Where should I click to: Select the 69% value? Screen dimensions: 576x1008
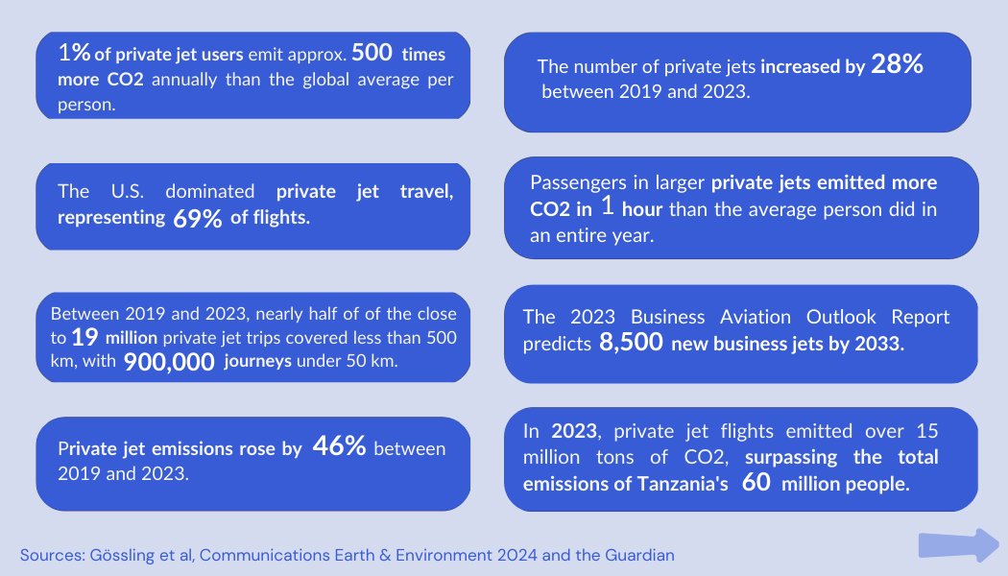coord(199,219)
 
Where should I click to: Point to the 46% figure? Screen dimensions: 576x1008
coord(339,447)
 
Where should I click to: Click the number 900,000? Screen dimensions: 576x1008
coord(169,362)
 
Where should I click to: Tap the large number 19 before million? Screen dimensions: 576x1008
coord(84,338)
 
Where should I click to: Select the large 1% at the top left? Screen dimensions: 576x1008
coord(74,52)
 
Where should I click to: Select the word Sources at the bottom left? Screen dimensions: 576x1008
coord(49,555)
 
